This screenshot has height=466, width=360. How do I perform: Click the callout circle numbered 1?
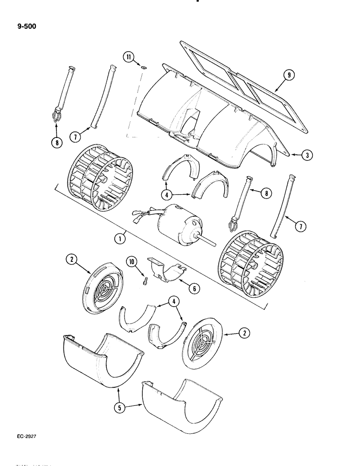(x=120, y=238)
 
